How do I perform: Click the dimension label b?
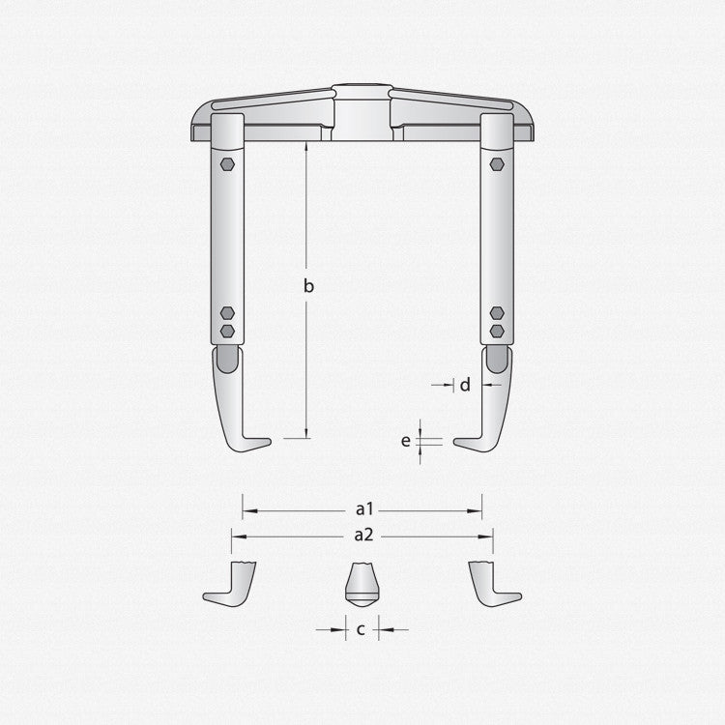click(308, 286)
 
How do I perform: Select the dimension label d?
click(465, 385)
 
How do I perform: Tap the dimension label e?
click(405, 441)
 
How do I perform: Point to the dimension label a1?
click(364, 509)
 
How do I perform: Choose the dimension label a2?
click(363, 535)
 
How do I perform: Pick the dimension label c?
click(362, 629)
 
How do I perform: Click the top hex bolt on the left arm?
click(227, 164)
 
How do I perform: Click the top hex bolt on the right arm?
click(497, 164)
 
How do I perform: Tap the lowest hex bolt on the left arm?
click(227, 331)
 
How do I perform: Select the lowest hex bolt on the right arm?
click(497, 331)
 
